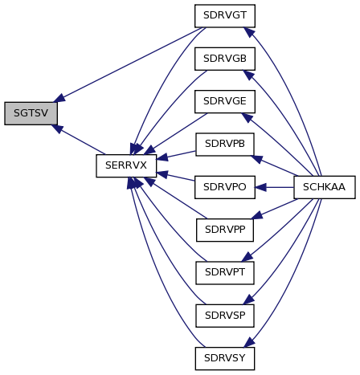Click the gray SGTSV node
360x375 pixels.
tap(31, 113)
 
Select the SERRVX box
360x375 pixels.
tap(126, 165)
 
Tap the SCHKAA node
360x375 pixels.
tap(325, 187)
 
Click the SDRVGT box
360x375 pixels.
tap(225, 16)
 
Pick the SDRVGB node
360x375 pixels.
tap(225, 59)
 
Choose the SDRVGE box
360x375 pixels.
tap(225, 101)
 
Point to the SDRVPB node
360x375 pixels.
tap(225, 145)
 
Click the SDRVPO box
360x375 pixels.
tap(225, 187)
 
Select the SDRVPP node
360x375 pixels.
tap(225, 230)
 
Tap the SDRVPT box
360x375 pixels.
tap(225, 273)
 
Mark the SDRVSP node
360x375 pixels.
tap(225, 316)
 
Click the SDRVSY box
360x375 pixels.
tap(225, 358)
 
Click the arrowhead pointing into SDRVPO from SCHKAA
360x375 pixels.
tap(260, 187)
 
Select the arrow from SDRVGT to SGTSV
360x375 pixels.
tap(129, 63)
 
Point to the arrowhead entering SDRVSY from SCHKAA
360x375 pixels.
tap(249, 342)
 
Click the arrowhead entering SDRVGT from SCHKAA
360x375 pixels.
tap(249, 32)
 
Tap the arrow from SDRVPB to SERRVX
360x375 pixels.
tap(176, 155)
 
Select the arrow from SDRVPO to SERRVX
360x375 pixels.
tap(175, 177)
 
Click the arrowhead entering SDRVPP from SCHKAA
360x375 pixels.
tap(257, 215)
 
